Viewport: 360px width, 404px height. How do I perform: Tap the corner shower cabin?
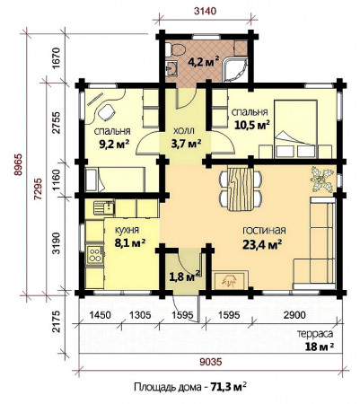coord(236,69)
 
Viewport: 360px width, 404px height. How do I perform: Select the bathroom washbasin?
coord(171,68)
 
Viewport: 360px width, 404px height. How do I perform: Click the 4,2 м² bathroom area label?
coord(203,62)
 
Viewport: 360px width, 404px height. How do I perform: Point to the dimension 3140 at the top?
coord(205,12)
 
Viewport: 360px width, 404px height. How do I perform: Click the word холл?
coord(184,130)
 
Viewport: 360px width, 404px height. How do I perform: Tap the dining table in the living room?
coord(241,189)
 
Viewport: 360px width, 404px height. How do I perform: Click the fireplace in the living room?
coord(231,280)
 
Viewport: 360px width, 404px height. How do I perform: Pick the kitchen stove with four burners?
coord(95,255)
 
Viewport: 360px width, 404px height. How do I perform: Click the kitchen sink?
coord(104,207)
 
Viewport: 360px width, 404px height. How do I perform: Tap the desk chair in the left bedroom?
coord(106,112)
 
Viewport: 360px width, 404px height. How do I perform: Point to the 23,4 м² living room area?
coord(262,245)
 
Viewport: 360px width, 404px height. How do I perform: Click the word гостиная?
coord(264,231)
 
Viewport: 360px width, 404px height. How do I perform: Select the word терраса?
coord(315,334)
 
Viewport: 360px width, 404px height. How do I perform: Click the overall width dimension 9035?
coord(211,362)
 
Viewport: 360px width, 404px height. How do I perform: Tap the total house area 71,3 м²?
coord(229,387)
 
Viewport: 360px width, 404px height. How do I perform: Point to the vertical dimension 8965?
coord(19,164)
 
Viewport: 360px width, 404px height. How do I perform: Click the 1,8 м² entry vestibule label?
coord(185,276)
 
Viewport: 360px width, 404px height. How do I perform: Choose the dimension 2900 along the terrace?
coord(294,315)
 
